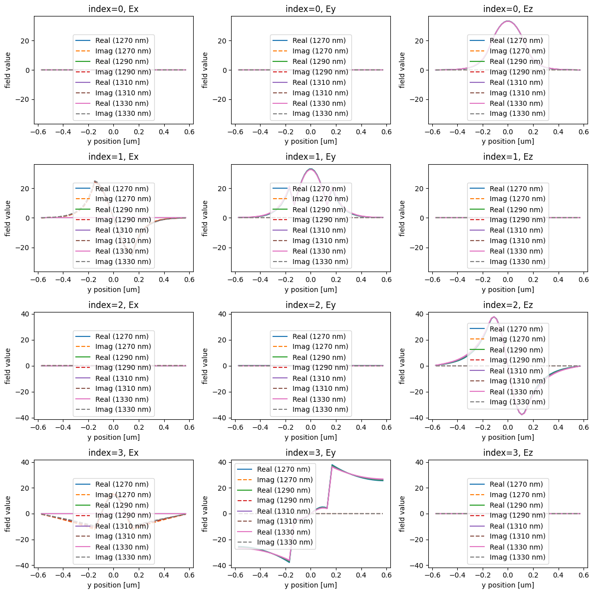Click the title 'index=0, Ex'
point(113,8)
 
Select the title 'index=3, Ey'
point(310,453)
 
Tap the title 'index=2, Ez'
point(508,305)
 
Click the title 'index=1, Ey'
point(310,157)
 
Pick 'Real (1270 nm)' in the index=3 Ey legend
point(283,469)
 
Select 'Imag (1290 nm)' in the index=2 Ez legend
point(517,360)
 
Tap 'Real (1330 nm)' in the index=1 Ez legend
point(516,251)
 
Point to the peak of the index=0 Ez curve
point(508,21)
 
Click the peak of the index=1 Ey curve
point(310,169)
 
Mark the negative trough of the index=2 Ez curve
point(522,414)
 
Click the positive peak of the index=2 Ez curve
point(494,317)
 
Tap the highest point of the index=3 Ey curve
point(332,465)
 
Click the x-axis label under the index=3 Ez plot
point(508,585)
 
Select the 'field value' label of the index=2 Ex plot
point(8,366)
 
